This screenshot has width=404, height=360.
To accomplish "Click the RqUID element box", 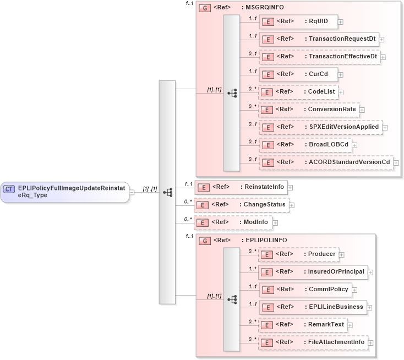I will pos(298,21).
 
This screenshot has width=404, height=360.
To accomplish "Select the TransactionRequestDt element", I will pos(319,39).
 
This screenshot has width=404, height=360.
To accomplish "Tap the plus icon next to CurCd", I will pos(341,75).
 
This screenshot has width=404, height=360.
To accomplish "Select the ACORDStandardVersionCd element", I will pos(325,162).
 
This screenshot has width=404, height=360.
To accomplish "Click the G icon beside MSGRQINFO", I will pos(204,9).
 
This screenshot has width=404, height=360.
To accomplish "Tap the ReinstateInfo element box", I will pos(241,187).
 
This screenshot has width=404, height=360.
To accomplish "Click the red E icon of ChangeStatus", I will pos(202,205).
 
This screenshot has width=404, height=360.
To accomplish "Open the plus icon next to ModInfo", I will pos(276,222).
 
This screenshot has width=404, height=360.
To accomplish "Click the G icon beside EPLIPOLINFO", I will pos(204,241).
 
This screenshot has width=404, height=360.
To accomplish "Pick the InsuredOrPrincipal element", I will pos(313,272).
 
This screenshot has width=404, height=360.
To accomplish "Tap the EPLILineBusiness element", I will pos(312,307).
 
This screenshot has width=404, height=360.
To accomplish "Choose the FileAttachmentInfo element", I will pos(313,342).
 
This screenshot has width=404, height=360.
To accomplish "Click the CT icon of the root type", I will pos(9,189).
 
